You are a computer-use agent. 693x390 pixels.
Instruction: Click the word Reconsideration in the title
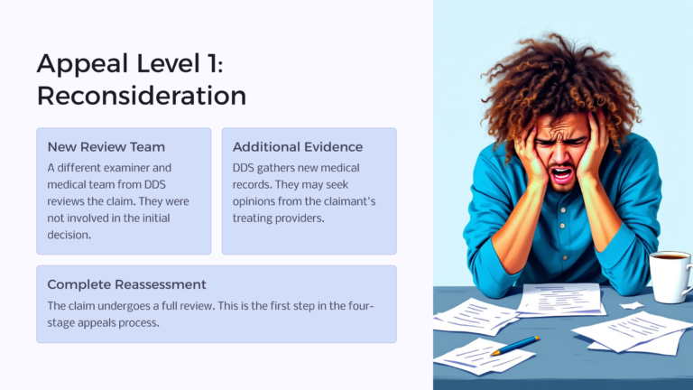141,95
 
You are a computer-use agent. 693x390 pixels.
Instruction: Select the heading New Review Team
106,146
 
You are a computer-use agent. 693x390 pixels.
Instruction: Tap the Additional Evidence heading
298,146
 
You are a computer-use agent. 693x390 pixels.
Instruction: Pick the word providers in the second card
305,218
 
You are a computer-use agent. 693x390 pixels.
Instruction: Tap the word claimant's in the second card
355,201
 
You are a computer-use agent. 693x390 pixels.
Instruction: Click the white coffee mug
670,275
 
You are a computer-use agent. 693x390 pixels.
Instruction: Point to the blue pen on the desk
515,345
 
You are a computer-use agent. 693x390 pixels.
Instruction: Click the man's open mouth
560,173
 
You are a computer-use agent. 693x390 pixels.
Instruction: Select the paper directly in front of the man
559,298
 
